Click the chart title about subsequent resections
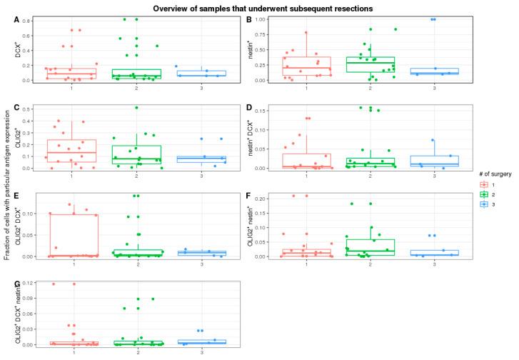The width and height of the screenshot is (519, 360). pyautogui.click(x=259, y=7)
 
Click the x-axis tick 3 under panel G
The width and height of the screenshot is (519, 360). pyautogui.click(x=200, y=351)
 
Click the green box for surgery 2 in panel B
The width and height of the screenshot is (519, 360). pyautogui.click(x=370, y=64)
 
